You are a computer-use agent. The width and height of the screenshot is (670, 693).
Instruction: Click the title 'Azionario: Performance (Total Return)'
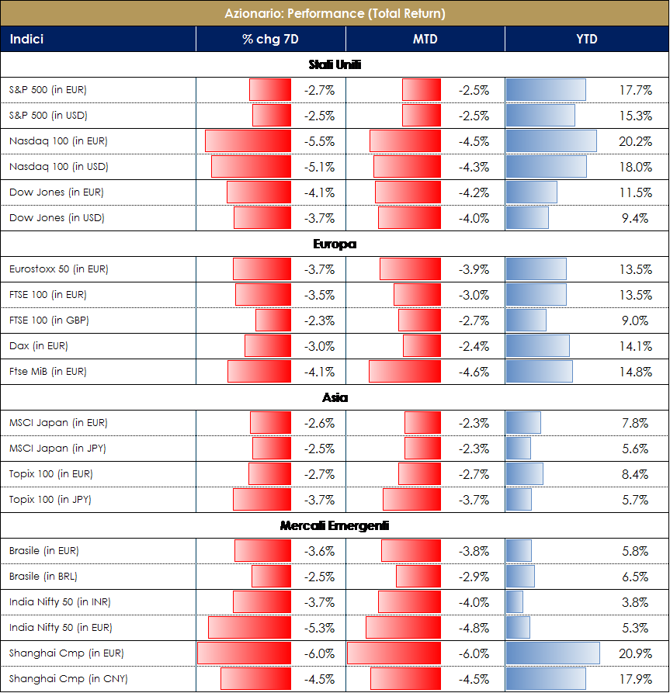pos(335,14)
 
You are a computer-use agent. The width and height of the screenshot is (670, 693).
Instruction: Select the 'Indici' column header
pos(26,39)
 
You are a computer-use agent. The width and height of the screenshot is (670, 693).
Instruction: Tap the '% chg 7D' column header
pos(270,39)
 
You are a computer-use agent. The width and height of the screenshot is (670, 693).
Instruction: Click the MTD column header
pos(425,39)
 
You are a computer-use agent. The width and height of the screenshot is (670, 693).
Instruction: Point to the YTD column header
pos(586,39)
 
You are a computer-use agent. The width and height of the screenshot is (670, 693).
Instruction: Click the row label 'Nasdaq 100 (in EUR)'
pos(58,141)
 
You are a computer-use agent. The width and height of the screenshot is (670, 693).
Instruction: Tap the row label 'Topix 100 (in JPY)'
pos(50,500)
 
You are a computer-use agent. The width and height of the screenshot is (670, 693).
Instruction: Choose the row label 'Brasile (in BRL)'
pos(43,577)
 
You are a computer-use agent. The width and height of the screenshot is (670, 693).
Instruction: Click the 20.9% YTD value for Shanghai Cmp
pos(637,653)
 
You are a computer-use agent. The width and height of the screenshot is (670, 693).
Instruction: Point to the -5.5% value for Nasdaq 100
pos(319,142)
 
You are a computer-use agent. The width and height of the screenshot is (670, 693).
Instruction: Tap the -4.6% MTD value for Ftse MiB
pos(474,372)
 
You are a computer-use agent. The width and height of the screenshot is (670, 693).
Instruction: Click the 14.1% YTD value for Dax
pos(637,346)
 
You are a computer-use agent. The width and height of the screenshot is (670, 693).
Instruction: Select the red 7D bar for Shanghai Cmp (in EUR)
pos(244,653)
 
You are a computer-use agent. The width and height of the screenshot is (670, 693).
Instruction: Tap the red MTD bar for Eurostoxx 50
pos(410,269)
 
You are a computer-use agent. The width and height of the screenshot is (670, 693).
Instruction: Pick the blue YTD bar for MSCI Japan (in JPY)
pos(519,449)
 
